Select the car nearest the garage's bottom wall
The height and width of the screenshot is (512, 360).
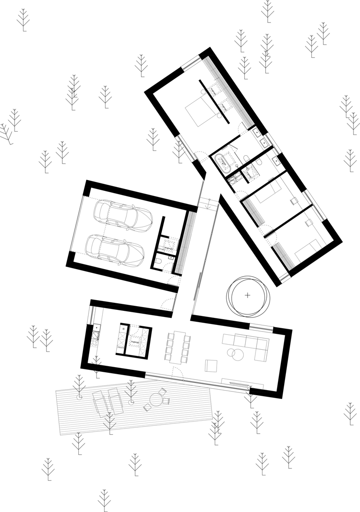pyautogui.click(x=115, y=248)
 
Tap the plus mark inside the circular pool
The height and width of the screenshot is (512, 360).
pyautogui.click(x=247, y=295)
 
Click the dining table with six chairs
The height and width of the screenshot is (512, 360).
pyautogui.click(x=178, y=347)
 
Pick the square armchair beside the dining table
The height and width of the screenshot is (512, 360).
pyautogui.click(x=211, y=366)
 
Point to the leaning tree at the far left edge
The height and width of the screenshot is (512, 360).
pyautogui.click(x=6, y=133)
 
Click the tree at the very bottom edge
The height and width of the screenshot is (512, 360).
pyautogui.click(x=104, y=500)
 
